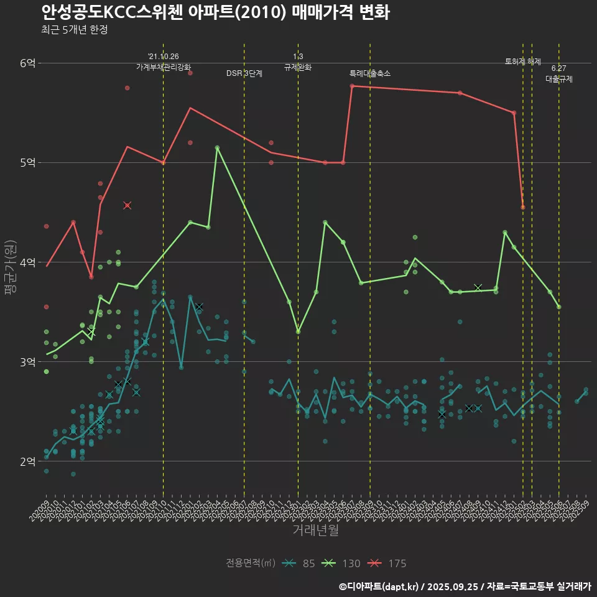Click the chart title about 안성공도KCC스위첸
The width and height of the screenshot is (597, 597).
click(215, 12)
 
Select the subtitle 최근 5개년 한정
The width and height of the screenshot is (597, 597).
click(75, 30)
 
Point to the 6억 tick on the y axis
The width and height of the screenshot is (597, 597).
click(28, 63)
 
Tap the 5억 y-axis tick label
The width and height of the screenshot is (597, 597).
click(28, 162)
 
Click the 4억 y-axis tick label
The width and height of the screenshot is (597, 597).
click(28, 262)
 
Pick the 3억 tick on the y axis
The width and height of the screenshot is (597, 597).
click(28, 361)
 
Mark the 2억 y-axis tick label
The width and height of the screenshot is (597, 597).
click(28, 461)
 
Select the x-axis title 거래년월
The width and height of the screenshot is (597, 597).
click(315, 530)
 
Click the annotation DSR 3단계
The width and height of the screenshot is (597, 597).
click(244, 73)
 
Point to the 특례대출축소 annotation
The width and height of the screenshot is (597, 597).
click(370, 73)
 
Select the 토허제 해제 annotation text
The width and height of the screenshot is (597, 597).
click(523, 62)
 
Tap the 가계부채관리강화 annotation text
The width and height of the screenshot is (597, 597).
click(164, 67)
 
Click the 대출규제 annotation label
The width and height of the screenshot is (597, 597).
click(559, 79)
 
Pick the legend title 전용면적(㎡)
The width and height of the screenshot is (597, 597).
click(251, 563)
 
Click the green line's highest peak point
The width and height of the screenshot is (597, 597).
click(217, 148)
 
